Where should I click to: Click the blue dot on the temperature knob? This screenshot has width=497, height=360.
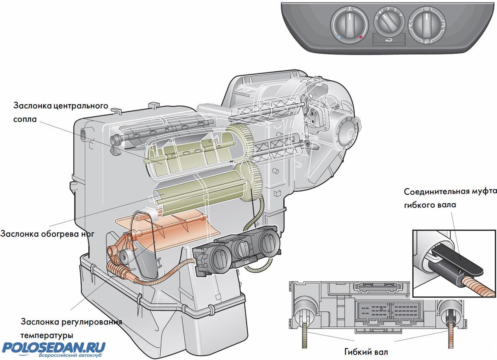coord(339,37)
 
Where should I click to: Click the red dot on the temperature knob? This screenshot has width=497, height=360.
coord(361,37)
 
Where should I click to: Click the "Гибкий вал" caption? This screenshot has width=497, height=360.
coord(366,353)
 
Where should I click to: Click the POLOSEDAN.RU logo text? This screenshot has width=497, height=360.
coord(54,346)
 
